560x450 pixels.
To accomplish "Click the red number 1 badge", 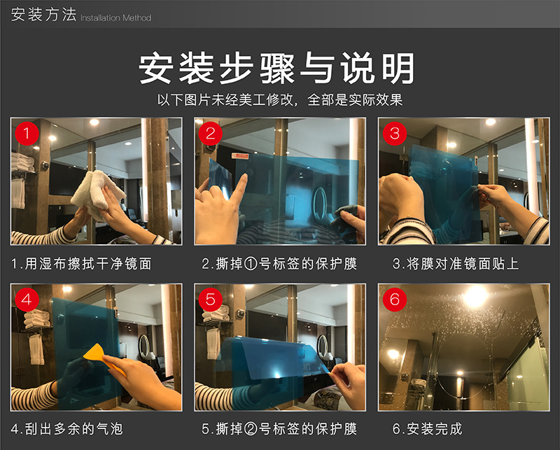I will [27, 133].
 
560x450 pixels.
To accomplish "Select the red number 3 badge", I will [395, 133].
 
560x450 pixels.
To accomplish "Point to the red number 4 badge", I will [27, 300].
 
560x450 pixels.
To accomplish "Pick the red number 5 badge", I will [210, 300].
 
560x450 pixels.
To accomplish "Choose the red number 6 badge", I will [395, 300].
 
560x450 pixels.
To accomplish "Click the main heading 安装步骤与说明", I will [279, 69].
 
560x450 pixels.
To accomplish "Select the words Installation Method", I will [116, 17].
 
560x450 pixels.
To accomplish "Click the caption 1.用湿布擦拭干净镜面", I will [82, 264].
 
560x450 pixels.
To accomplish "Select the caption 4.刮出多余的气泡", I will [67, 428].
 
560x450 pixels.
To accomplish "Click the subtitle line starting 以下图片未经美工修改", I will [279, 99].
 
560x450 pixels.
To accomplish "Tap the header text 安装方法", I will [43, 15].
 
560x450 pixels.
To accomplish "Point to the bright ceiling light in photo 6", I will [475, 297].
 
